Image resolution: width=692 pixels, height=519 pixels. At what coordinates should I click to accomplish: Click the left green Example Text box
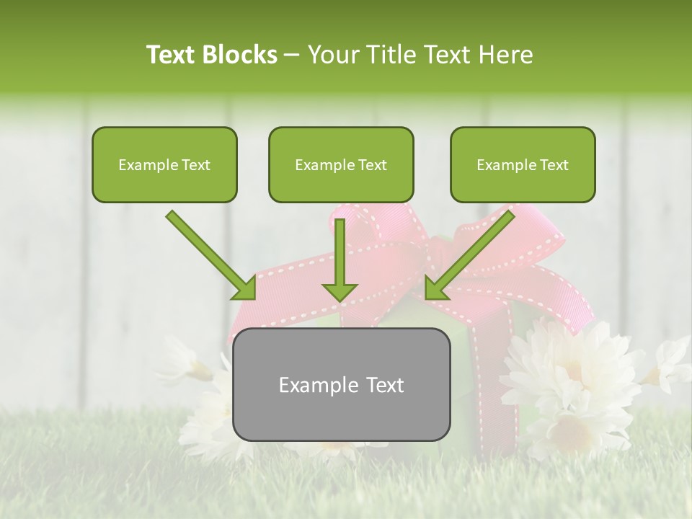[164, 164]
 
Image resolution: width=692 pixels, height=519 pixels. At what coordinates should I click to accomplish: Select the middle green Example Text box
[341, 164]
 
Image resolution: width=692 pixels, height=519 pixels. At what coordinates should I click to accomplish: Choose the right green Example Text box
[523, 164]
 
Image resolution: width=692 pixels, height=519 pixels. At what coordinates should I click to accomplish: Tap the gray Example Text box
[341, 384]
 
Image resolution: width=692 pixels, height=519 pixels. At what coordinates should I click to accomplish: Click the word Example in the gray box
[311, 385]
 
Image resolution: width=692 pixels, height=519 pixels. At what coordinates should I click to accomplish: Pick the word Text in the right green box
[553, 165]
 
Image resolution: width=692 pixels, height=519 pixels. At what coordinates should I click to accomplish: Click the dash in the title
[292, 56]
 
